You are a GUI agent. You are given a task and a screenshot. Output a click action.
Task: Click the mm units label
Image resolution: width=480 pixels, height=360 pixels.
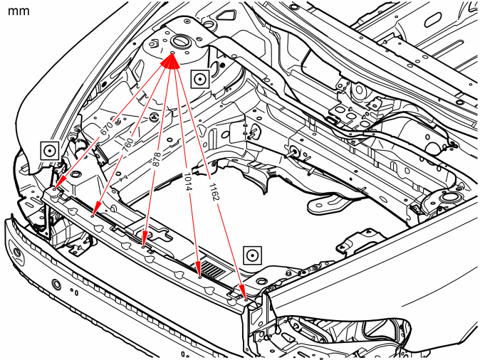19,11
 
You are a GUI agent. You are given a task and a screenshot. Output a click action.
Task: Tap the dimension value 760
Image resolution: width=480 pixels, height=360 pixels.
128,145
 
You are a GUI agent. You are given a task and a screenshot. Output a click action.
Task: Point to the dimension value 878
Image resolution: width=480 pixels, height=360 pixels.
156,159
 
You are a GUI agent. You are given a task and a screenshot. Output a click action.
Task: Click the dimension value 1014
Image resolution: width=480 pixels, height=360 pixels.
187,181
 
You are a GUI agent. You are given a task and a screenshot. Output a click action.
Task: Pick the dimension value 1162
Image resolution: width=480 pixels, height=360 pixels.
214,192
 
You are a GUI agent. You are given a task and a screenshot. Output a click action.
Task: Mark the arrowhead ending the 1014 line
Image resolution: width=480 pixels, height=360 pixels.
199,269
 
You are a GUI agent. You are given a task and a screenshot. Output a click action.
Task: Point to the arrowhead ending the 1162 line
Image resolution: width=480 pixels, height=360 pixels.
242,292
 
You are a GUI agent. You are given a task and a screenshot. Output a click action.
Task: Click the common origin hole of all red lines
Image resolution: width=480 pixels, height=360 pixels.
172,53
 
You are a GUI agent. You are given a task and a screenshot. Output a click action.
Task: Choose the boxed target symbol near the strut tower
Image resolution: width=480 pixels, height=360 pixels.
200,79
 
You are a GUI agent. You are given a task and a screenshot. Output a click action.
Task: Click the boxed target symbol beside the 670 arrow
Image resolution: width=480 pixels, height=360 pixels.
50,151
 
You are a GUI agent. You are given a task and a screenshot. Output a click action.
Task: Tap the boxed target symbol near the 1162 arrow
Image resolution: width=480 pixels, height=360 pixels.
253,255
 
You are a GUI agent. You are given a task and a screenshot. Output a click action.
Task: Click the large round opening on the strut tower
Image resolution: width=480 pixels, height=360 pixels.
181,41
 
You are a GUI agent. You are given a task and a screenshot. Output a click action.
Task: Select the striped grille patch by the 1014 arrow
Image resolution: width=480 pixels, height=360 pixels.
212,269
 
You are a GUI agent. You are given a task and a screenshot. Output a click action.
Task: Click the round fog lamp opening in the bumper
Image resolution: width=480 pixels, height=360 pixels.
18,253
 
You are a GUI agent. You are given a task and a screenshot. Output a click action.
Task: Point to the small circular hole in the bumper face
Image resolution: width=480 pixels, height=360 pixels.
56,285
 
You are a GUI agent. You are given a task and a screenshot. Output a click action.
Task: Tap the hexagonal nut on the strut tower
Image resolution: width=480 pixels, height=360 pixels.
153,43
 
